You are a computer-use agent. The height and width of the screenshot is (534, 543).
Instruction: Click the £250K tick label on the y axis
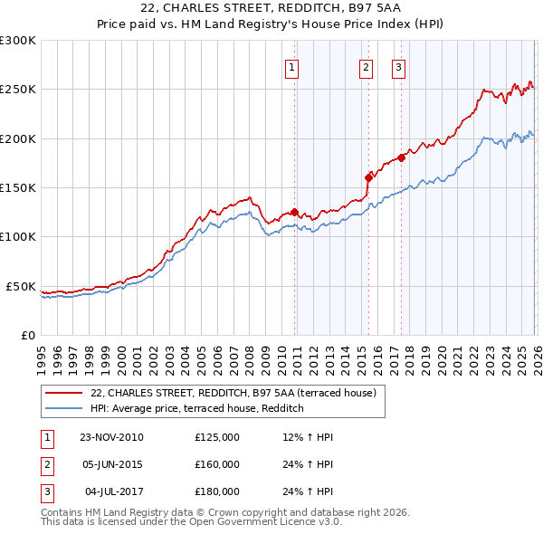(x=18, y=90)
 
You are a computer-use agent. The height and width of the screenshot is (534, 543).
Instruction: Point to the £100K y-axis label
(x=18, y=237)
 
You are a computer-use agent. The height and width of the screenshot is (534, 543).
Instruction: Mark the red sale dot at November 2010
(x=294, y=213)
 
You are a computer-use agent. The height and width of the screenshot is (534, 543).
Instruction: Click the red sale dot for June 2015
(x=367, y=177)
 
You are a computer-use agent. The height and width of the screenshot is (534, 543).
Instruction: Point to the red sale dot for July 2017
(x=400, y=157)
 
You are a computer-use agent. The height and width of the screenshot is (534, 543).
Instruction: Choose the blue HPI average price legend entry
(x=196, y=409)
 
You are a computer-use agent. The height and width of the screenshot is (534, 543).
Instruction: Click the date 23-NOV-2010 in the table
(x=111, y=437)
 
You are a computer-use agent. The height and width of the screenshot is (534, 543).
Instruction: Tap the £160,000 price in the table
(x=217, y=464)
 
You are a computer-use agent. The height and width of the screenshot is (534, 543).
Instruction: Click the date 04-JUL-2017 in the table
(x=111, y=491)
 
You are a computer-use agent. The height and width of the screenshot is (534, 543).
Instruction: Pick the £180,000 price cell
(x=217, y=491)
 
